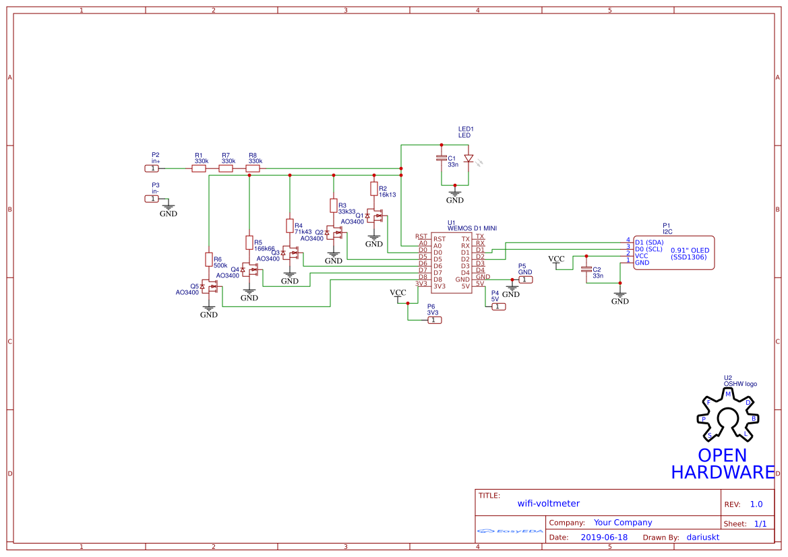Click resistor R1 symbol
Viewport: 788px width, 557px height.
pyautogui.click(x=199, y=169)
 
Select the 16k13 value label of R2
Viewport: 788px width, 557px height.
pyautogui.click(x=388, y=195)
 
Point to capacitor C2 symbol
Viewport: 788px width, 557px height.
pyautogui.click(x=586, y=269)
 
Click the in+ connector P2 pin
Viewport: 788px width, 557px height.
pyautogui.click(x=152, y=168)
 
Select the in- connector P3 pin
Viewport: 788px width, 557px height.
pyautogui.click(x=152, y=199)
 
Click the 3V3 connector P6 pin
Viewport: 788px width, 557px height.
pyautogui.click(x=435, y=320)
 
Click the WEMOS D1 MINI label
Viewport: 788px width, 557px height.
pyautogui.click(x=472, y=229)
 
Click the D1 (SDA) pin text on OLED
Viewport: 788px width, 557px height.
pyautogui.click(x=649, y=242)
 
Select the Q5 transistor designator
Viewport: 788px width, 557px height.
pyautogui.click(x=194, y=286)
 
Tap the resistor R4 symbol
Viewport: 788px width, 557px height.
pyautogui.click(x=290, y=226)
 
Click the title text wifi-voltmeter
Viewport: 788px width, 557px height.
pyautogui.click(x=548, y=503)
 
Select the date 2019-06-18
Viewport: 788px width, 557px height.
pyautogui.click(x=604, y=537)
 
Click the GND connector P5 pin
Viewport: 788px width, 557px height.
pyautogui.click(x=526, y=280)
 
